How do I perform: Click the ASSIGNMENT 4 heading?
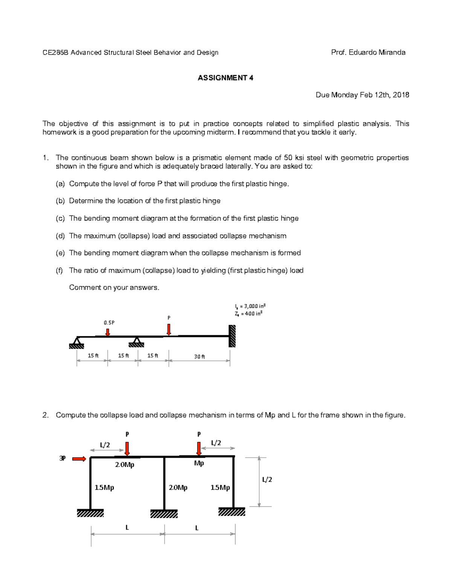coord(225,78)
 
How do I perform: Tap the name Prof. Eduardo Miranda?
coord(368,52)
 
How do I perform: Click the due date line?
coord(362,95)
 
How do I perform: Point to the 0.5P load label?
coord(109,322)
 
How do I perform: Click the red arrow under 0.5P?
coord(108,332)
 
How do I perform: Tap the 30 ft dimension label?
coord(199,356)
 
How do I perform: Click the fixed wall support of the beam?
coord(232,336)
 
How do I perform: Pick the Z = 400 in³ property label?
coord(248,313)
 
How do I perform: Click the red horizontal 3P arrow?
coord(79,459)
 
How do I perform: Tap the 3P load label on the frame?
coord(63,458)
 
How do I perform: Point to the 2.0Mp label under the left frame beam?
coord(125,465)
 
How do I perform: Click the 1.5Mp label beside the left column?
coord(104,487)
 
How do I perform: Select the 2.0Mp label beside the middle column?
coord(178,487)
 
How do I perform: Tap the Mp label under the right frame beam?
coord(199,463)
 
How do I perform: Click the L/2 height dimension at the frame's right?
coord(267,480)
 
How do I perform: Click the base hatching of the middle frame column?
coord(164,514)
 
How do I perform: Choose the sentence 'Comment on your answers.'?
coord(114,288)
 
